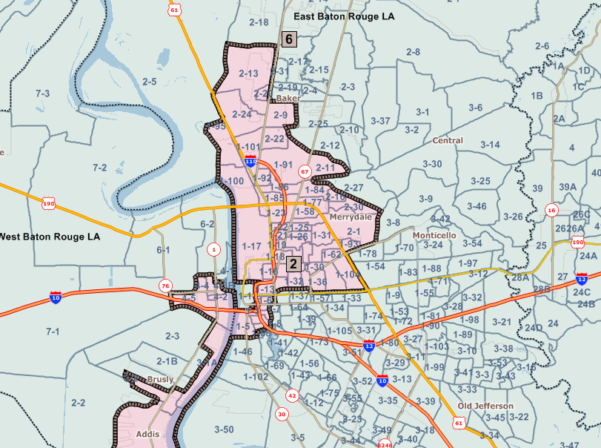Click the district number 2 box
[293, 264]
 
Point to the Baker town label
[288, 98]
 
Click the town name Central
[448, 140]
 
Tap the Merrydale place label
[351, 218]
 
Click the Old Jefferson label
[485, 406]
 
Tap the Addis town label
[148, 435]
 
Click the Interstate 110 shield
[250, 161]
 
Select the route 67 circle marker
[304, 171]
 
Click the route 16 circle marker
[551, 211]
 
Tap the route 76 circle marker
[165, 286]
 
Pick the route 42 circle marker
[292, 396]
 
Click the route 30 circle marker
[282, 414]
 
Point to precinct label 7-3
[43, 93]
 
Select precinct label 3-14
[490, 145]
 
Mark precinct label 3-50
[223, 429]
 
